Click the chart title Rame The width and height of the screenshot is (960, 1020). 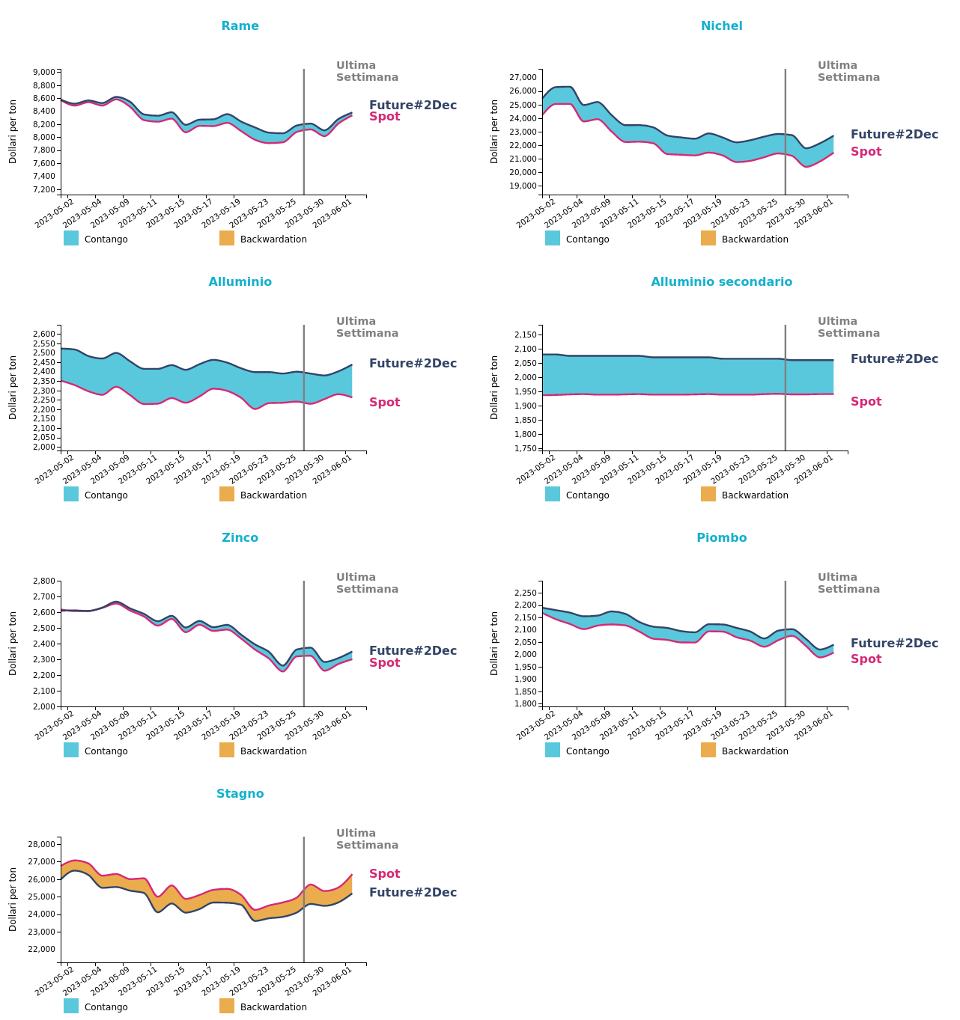pyautogui.click(x=240, y=26)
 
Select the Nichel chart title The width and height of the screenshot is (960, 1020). pyautogui.click(x=721, y=26)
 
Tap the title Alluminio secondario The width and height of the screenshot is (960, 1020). pyautogui.click(x=721, y=282)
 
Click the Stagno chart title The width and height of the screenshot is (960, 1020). pyautogui.click(x=240, y=794)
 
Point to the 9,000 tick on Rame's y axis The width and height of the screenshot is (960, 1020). pyautogui.click(x=44, y=73)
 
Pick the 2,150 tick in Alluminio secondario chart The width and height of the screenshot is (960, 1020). pyautogui.click(x=526, y=335)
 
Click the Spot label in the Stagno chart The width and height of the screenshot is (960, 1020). pyautogui.click(x=384, y=874)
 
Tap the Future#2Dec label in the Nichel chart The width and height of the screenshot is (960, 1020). pyautogui.click(x=894, y=135)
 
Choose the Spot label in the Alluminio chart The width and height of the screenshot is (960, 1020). pyautogui.click(x=384, y=403)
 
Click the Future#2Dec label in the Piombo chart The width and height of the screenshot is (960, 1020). pyautogui.click(x=894, y=644)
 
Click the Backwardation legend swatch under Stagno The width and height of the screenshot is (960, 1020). pyautogui.click(x=227, y=1006)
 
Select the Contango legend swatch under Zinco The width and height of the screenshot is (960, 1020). pyautogui.click(x=71, y=750)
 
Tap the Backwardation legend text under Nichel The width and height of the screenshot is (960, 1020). pyautogui.click(x=755, y=239)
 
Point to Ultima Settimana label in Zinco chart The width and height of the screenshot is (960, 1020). pyautogui.click(x=367, y=583)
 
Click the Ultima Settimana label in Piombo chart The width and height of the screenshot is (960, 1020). pyautogui.click(x=848, y=583)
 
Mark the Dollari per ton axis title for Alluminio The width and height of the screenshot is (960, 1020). pyautogui.click(x=13, y=387)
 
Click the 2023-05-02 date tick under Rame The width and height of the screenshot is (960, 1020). pyautogui.click(x=55, y=213)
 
